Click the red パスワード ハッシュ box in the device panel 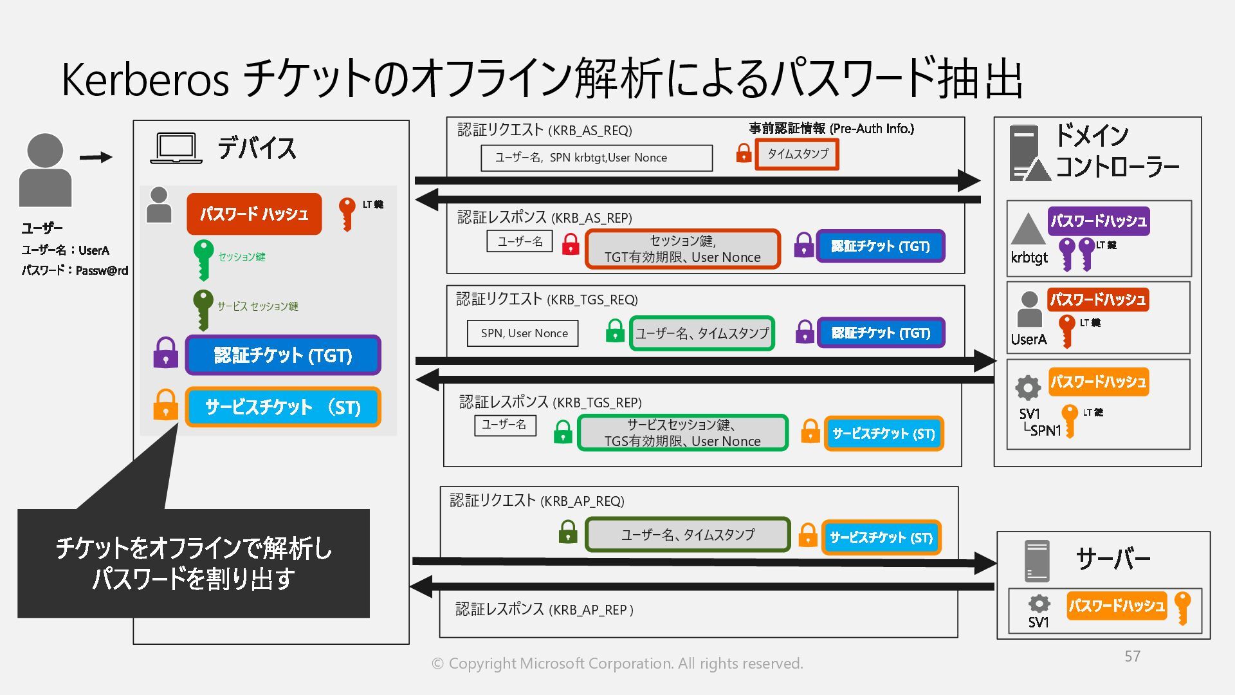pyautogui.click(x=254, y=214)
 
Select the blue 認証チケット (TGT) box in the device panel pyautogui.click(x=283, y=355)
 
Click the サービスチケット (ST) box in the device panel pyautogui.click(x=283, y=407)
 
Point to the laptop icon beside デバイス pyautogui.click(x=176, y=149)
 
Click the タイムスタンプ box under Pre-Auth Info pyautogui.click(x=797, y=154)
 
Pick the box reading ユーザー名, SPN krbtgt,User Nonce pyautogui.click(x=596, y=158)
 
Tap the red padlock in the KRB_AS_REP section pyautogui.click(x=570, y=244)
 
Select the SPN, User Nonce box pyautogui.click(x=523, y=333)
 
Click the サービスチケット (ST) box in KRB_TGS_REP pyautogui.click(x=883, y=434)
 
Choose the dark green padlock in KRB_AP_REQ pyautogui.click(x=567, y=532)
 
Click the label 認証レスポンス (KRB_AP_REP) pyautogui.click(x=544, y=609)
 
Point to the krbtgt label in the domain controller pyautogui.click(x=1029, y=257)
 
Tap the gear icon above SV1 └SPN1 pyautogui.click(x=1028, y=387)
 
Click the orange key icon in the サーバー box pyautogui.click(x=1182, y=607)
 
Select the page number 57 pyautogui.click(x=1132, y=656)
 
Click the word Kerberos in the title pyautogui.click(x=145, y=80)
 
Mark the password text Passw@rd pyautogui.click(x=102, y=270)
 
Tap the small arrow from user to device pyautogui.click(x=96, y=157)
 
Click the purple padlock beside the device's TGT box pyautogui.click(x=165, y=353)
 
